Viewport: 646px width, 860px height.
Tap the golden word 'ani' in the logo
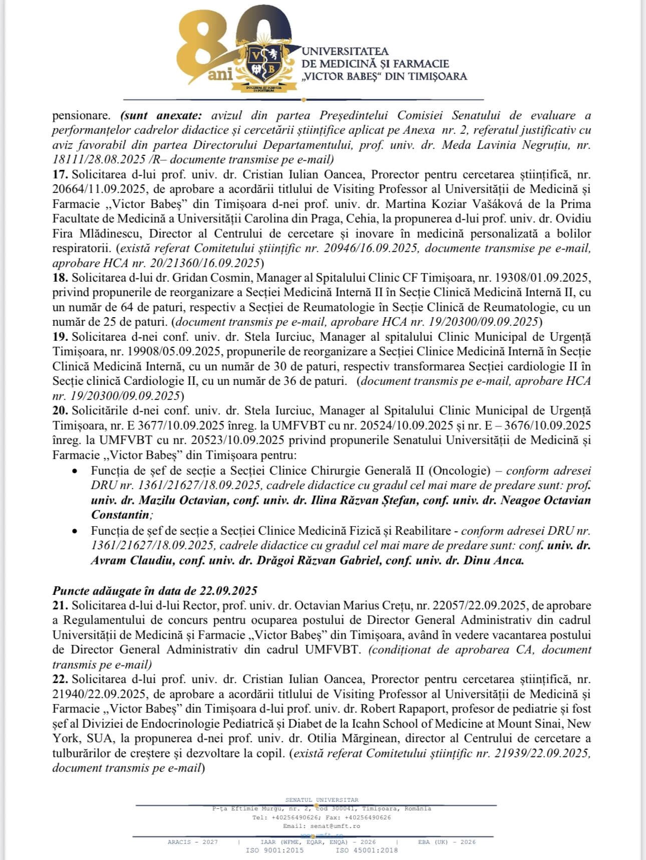point(221,75)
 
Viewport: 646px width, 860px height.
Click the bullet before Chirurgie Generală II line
point(75,472)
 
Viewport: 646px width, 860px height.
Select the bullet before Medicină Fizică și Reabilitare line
point(75,531)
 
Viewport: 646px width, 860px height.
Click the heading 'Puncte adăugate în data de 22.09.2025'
point(155,590)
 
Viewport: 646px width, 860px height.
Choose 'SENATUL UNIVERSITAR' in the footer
point(321,800)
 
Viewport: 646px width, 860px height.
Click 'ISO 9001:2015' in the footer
point(274,850)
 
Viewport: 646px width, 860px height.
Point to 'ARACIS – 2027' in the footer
point(193,842)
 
